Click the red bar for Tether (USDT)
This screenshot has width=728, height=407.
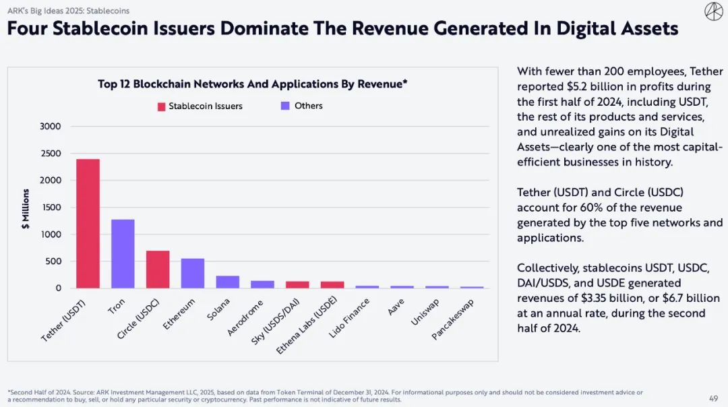coord(88,224)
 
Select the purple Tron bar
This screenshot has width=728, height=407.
coord(123,254)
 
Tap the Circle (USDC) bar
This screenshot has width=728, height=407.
coord(158,270)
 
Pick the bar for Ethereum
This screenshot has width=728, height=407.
coord(193,274)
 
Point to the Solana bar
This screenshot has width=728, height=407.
coord(228,282)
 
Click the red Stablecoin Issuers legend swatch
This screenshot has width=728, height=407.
coord(162,106)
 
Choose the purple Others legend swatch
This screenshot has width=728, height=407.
coord(284,106)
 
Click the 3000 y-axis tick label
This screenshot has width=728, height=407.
coord(50,127)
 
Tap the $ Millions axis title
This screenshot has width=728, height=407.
coord(26,209)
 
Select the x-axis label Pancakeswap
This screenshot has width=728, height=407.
coord(453,319)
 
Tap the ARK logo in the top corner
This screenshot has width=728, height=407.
coord(713,11)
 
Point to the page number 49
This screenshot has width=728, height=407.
coord(713,398)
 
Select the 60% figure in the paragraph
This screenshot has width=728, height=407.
coord(583,208)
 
